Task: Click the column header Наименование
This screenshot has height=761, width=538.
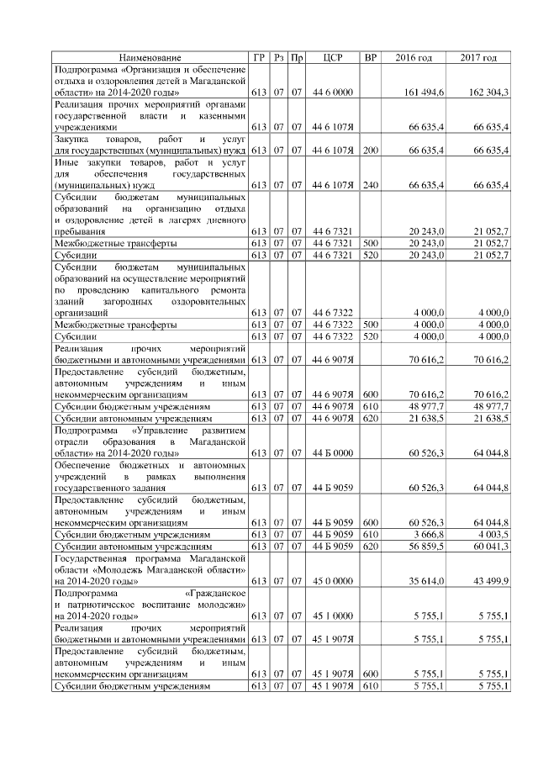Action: point(150,57)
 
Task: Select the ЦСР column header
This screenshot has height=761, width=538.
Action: point(331,57)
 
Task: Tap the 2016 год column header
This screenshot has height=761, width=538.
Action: point(414,57)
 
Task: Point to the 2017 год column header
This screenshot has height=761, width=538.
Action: point(478,57)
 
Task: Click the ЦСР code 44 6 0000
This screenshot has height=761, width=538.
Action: point(331,91)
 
